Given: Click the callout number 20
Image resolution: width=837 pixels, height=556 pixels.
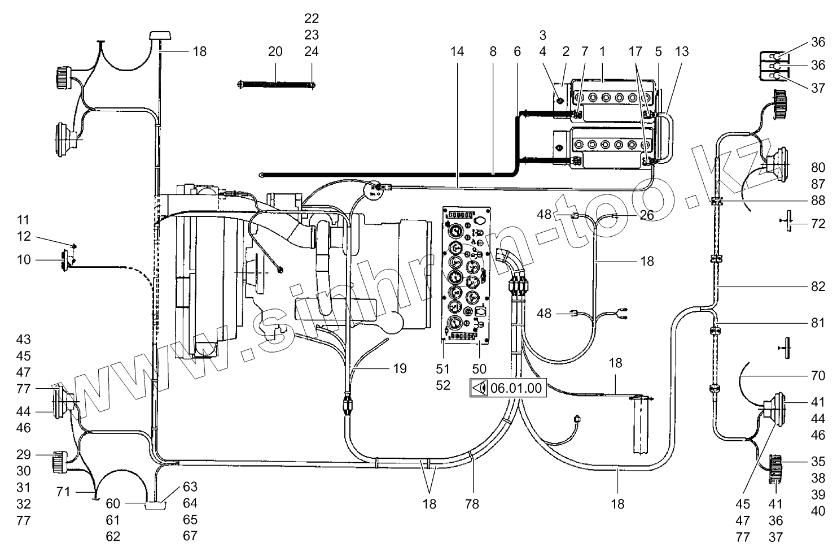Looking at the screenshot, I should click(275, 51).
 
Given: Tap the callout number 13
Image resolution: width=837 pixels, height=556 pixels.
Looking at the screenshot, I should click(681, 51).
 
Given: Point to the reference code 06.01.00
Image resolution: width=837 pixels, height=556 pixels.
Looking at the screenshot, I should click(516, 388).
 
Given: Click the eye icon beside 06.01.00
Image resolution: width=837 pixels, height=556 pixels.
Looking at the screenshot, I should click(479, 388).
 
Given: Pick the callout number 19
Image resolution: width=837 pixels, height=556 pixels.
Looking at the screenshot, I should click(400, 369).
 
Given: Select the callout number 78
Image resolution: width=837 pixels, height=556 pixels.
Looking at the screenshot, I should click(472, 503).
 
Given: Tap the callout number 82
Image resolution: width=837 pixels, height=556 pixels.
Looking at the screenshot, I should click(818, 287).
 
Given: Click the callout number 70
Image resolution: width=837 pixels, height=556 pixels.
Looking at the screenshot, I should click(818, 376).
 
